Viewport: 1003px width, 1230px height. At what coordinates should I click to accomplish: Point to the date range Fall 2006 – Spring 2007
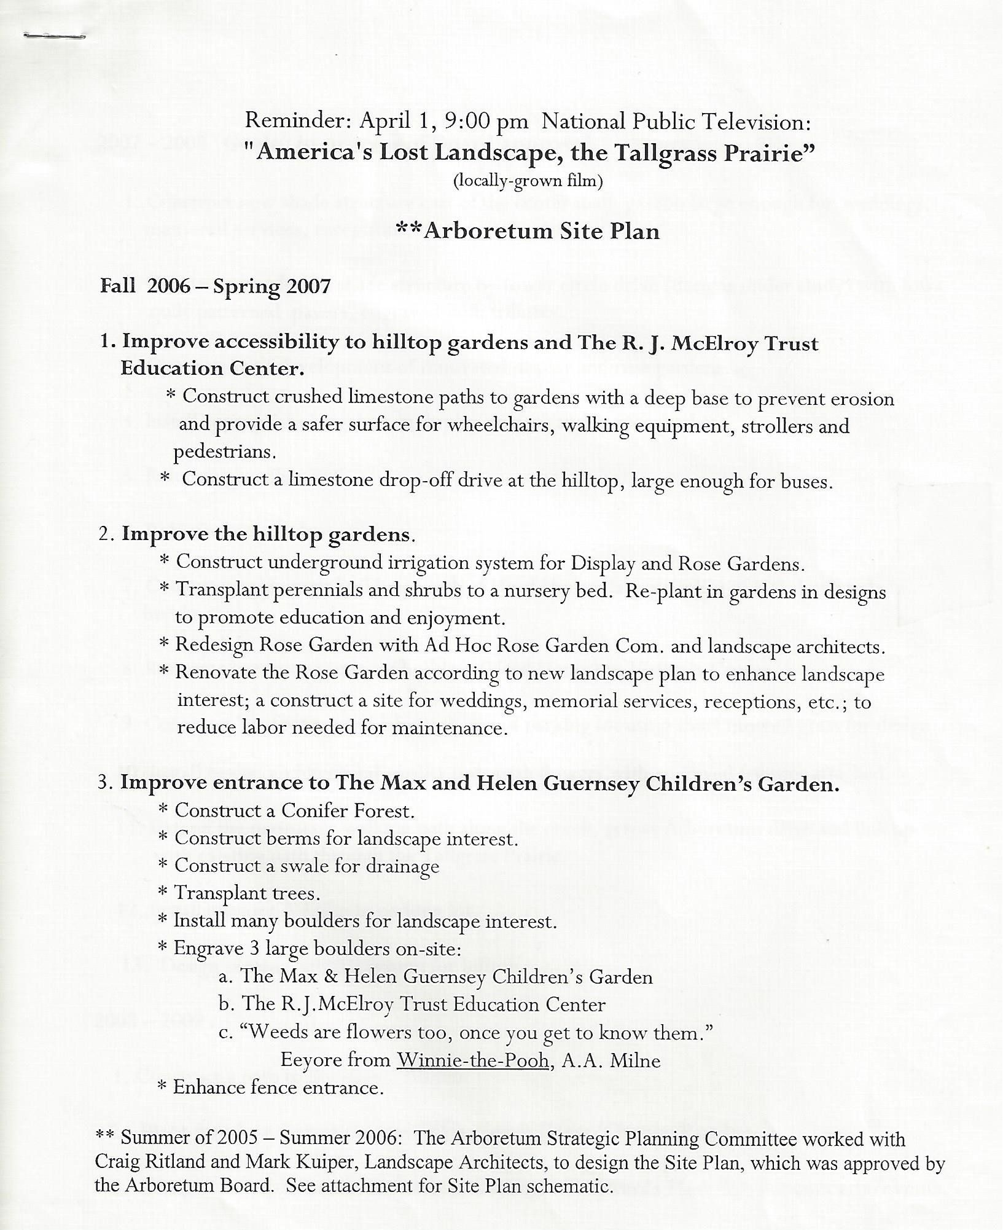(x=216, y=286)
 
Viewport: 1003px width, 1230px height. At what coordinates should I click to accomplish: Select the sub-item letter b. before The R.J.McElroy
(x=225, y=1005)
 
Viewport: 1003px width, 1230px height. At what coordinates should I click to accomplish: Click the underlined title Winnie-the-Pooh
(x=472, y=1060)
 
